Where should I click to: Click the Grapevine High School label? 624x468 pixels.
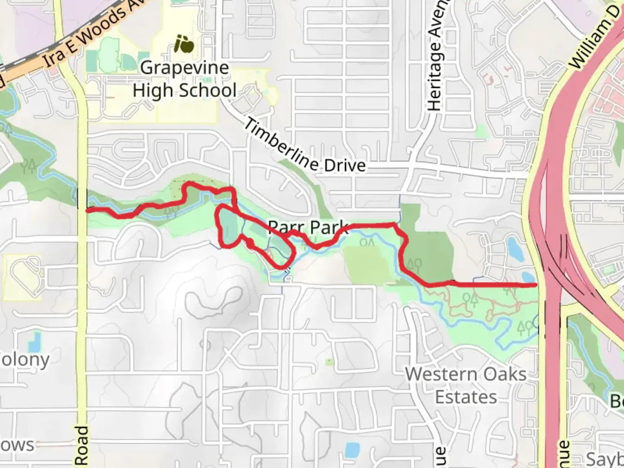pos(185,79)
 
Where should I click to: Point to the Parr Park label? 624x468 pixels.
pos(308,227)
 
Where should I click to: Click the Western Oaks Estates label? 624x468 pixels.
pos(466,385)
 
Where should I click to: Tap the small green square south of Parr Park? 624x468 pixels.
pos(330,361)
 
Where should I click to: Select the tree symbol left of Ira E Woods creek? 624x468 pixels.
pos(30,165)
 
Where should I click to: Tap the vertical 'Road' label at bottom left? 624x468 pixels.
pos(81,446)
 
